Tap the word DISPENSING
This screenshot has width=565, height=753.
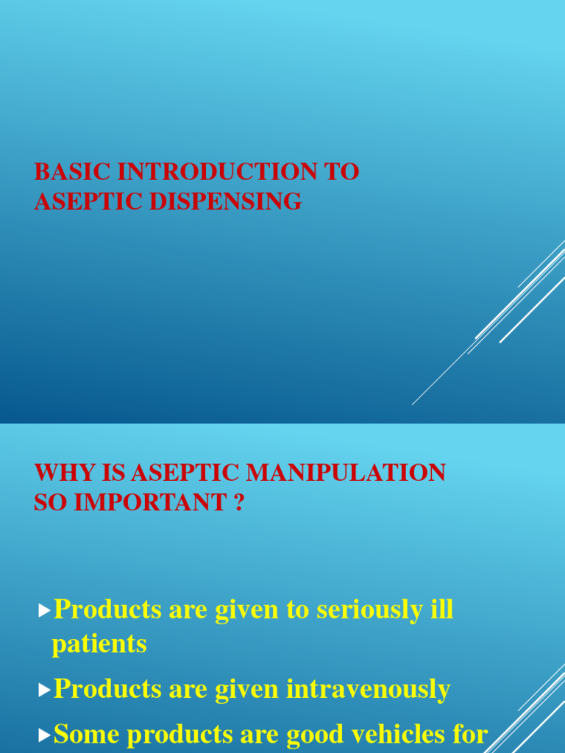click(x=226, y=201)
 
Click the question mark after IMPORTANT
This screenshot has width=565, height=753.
click(x=238, y=503)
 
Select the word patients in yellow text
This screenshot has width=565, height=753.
click(x=99, y=644)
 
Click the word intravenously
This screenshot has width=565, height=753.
click(x=367, y=689)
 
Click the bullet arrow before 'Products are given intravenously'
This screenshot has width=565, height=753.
click(x=45, y=690)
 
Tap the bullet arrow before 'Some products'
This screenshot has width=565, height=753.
click(x=45, y=734)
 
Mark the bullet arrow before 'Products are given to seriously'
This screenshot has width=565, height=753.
click(x=45, y=610)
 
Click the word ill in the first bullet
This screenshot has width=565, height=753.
click(x=443, y=610)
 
